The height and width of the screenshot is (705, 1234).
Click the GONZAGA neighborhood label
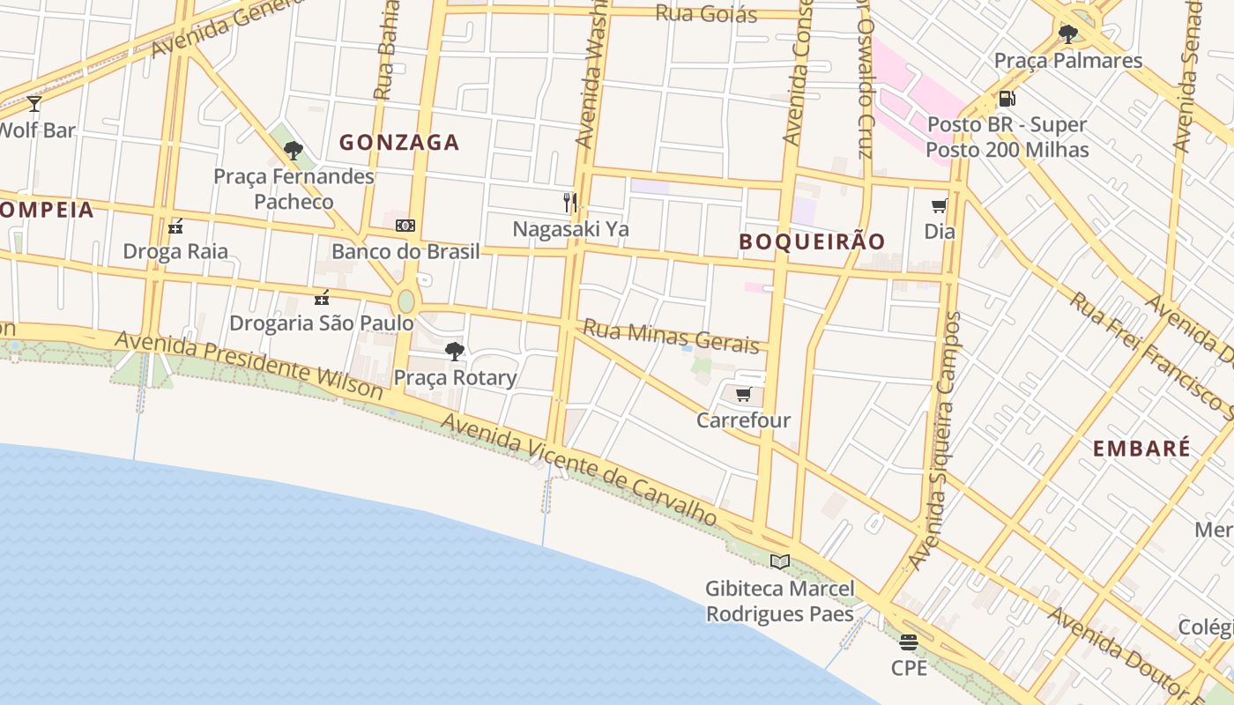(399, 142)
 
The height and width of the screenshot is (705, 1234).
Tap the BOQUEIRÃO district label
(812, 241)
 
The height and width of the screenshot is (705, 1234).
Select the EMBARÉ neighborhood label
(1141, 448)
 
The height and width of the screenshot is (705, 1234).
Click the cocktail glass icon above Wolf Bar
(34, 104)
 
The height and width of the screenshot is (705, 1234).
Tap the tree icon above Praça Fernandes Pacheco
(294, 151)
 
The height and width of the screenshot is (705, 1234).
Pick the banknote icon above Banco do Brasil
(405, 226)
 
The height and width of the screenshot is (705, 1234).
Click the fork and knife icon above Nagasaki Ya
(570, 203)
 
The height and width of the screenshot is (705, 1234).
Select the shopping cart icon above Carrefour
(743, 394)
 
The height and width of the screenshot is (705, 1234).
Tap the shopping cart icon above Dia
(940, 206)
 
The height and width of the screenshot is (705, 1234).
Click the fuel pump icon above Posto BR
(1007, 99)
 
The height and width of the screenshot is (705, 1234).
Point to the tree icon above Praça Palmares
(1068, 34)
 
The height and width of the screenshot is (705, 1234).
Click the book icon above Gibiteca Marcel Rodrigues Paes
(779, 561)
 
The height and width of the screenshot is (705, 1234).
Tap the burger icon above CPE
(909, 642)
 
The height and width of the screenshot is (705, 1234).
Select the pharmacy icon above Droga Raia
(175, 226)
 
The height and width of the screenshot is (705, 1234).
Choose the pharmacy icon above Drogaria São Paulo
(322, 297)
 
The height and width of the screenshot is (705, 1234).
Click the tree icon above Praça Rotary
(455, 352)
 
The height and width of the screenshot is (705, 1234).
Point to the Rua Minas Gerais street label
(671, 336)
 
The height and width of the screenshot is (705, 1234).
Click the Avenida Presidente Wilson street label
(249, 364)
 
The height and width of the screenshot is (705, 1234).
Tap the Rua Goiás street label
(706, 13)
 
